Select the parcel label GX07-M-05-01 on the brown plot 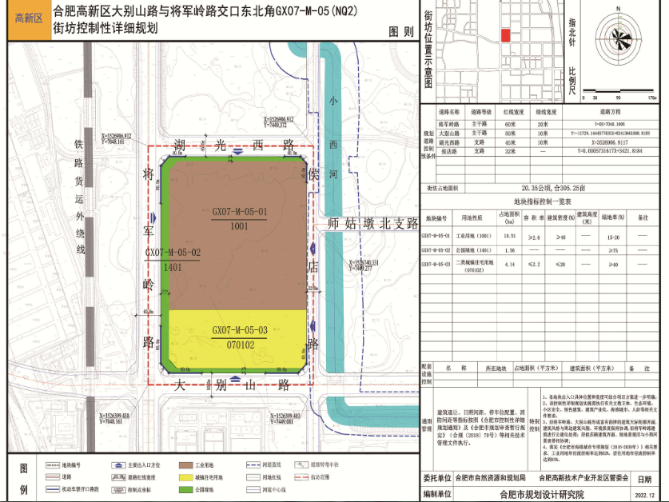pyautogui.click(x=239, y=212)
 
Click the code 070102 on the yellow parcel pyautogui.click(x=239, y=345)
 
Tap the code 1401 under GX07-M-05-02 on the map pyautogui.click(x=172, y=267)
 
